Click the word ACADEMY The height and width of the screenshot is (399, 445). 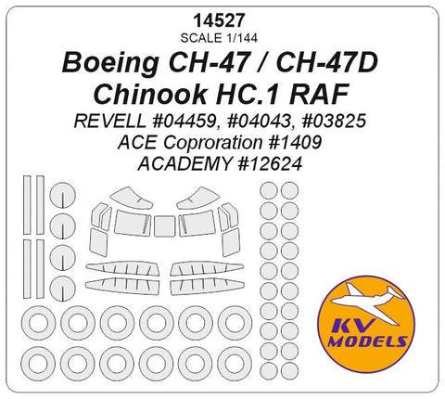pos(188,164)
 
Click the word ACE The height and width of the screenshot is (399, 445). pos(136,144)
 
